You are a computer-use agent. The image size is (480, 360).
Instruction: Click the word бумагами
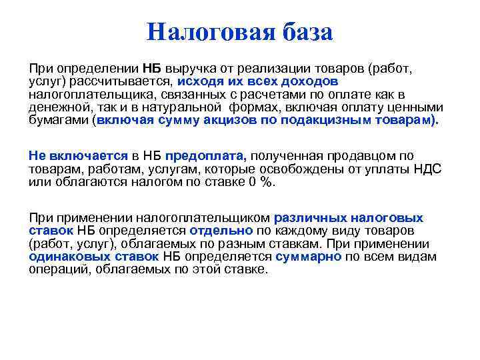point(59,120)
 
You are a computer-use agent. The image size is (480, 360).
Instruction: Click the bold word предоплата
point(206,156)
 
